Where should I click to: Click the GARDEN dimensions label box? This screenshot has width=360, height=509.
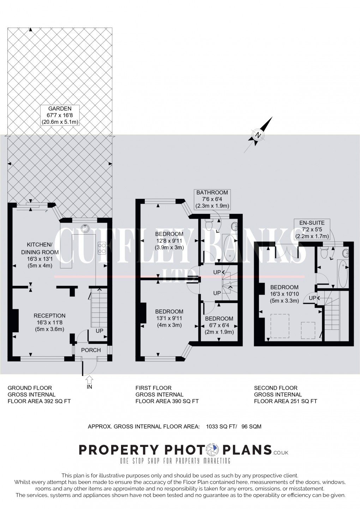coord(59,115)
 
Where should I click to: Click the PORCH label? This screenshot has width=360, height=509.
coord(91,350)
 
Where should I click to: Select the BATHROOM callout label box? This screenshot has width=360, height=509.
coord(212,199)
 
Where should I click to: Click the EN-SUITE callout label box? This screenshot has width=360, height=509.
coord(312,229)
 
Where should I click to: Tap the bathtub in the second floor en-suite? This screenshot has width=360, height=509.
coord(343,274)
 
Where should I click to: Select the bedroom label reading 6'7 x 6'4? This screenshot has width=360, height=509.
coord(219,325)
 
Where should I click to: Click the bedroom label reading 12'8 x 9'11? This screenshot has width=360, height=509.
coord(169,241)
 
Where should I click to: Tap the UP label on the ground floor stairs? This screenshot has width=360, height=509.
coord(100,331)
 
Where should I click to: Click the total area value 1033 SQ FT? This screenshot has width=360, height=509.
coord(220,426)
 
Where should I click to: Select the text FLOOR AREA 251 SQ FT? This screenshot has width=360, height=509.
coord(285,401)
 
